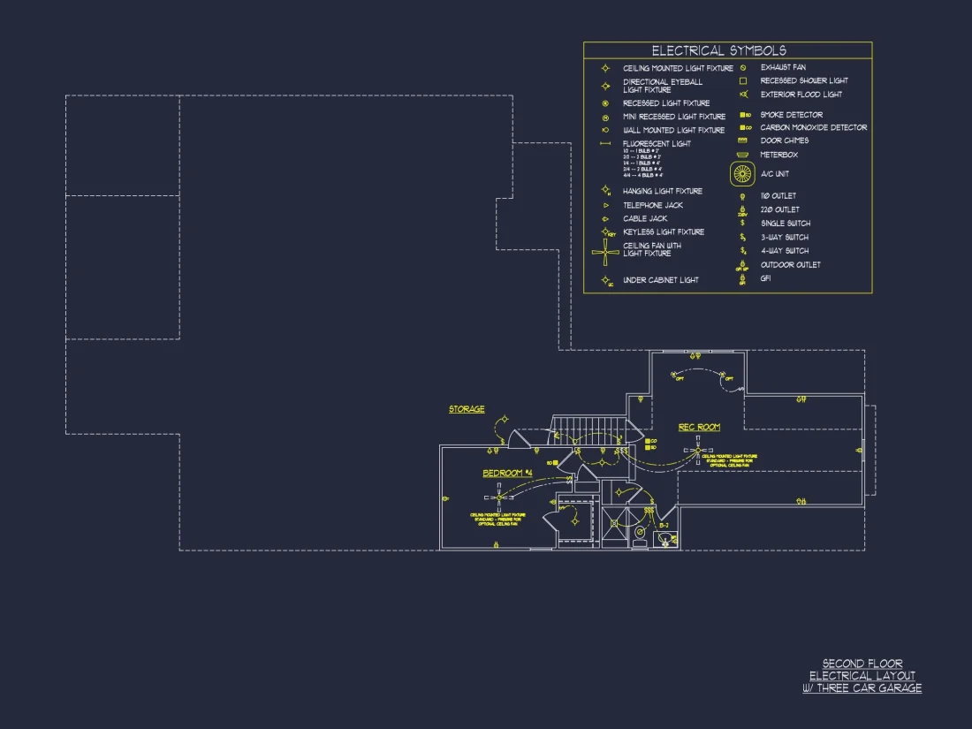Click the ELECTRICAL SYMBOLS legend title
pyautogui.click(x=718, y=51)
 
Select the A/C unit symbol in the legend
pyautogui.click(x=742, y=174)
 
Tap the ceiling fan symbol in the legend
pyautogui.click(x=606, y=252)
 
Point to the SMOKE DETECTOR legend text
pyautogui.click(x=791, y=115)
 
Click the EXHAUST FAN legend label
pyautogui.click(x=783, y=67)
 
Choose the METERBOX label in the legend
pyautogui.click(x=778, y=155)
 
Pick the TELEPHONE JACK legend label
pyautogui.click(x=652, y=205)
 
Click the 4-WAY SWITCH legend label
pyautogui.click(x=785, y=251)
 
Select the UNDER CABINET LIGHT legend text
pyautogui.click(x=660, y=280)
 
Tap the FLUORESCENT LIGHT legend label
pyautogui.click(x=657, y=143)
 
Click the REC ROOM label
pyautogui.click(x=699, y=428)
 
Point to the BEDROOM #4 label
pyautogui.click(x=507, y=474)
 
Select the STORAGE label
pyautogui.click(x=467, y=409)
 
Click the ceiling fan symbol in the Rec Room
pyautogui.click(x=697, y=452)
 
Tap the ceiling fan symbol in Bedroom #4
pyautogui.click(x=500, y=497)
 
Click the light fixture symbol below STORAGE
pyautogui.click(x=505, y=421)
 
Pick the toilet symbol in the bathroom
pyautogui.click(x=664, y=540)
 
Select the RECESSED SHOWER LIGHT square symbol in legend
pyautogui.click(x=743, y=81)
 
